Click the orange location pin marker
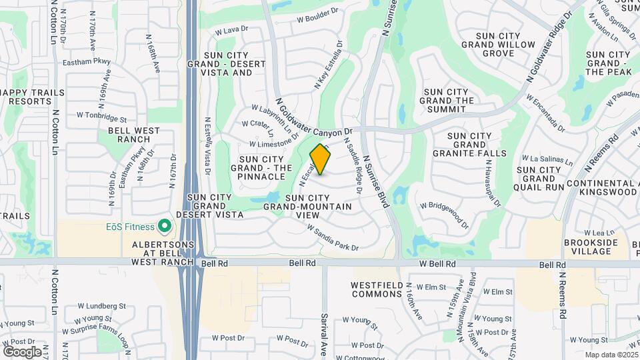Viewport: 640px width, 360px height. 320,159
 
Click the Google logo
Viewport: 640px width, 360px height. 22,351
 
